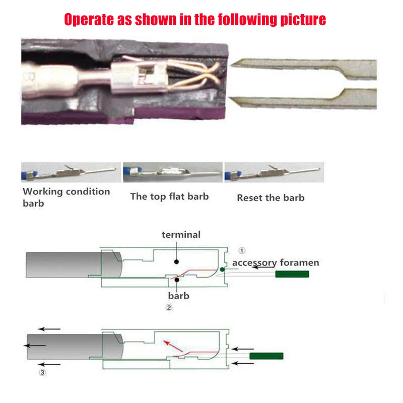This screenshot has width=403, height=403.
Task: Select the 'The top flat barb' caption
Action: [169, 196]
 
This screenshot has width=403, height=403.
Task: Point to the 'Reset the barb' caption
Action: [271, 197]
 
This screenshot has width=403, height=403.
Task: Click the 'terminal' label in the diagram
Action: [181, 235]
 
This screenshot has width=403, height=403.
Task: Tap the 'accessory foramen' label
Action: [275, 262]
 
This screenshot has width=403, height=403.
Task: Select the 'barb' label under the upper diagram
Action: [178, 295]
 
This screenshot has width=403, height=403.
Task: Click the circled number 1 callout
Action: [242, 250]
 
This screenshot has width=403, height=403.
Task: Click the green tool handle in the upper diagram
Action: [292, 274]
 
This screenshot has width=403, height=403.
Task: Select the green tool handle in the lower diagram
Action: [266, 356]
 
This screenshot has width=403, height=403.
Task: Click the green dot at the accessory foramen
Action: [222, 270]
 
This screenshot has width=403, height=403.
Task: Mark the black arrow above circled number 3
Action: [50, 364]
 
